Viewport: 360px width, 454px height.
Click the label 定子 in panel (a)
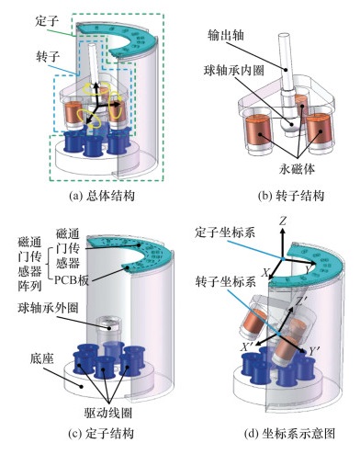(48, 21)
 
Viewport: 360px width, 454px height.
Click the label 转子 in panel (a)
(48, 56)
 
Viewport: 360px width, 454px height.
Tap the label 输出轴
(226, 35)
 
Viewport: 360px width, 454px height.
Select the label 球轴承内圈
(234, 71)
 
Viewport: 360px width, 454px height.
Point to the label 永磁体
(297, 168)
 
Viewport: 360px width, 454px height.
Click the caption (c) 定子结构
(101, 434)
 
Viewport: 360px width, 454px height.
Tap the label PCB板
(71, 280)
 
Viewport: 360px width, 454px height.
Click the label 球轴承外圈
(48, 308)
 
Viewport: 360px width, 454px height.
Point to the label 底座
(42, 358)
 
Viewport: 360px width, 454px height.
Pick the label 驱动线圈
(108, 413)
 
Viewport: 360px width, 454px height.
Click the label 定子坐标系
(225, 233)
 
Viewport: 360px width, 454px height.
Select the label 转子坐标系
(226, 281)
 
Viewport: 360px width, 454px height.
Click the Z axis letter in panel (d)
(283, 221)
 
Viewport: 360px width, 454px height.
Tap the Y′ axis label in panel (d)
(313, 352)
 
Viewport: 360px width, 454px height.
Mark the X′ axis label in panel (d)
(246, 346)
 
